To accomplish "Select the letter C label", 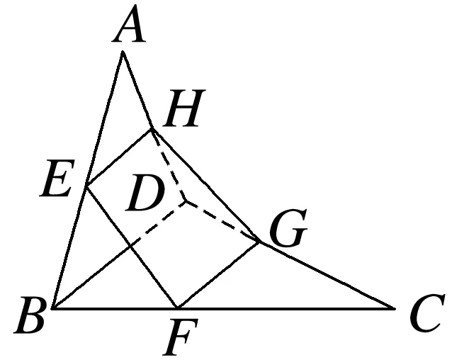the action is point(428,316).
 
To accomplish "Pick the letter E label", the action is point(56,182).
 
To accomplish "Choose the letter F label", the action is point(176,338).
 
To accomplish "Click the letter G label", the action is point(288,230).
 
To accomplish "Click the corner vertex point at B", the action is point(53,309).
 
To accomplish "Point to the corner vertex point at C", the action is point(394,309).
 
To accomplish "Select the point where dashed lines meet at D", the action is point(186,201).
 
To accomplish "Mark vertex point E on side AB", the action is point(86,186).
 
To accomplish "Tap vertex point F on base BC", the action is point(177,309).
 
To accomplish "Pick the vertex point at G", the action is point(260,242).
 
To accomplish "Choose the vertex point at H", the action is point(152,129).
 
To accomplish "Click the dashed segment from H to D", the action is point(169,166).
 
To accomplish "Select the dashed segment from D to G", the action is point(223,222).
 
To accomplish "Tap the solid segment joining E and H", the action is point(118,158).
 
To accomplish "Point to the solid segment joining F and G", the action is point(218,276).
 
